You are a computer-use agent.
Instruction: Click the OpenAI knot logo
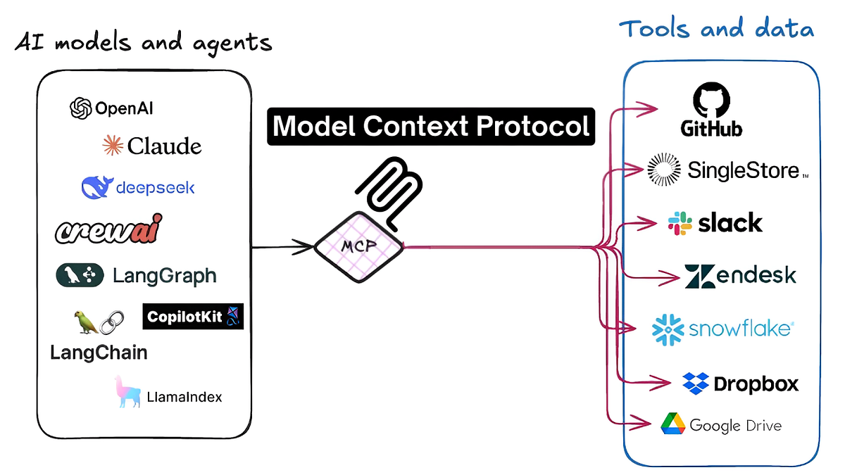click(81, 108)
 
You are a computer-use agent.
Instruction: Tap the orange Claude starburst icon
click(113, 146)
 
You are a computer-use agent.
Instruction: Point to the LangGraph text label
click(164, 275)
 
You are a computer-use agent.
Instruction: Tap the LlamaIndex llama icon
click(126, 392)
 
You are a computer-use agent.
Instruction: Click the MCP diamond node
click(358, 248)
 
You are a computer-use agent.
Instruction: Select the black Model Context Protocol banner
click(430, 126)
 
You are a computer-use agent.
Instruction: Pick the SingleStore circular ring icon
click(664, 170)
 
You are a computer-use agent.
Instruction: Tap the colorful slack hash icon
click(679, 223)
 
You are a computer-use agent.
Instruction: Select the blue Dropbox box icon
click(695, 384)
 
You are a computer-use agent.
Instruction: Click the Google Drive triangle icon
click(672, 424)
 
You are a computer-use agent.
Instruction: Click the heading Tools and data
click(716, 30)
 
